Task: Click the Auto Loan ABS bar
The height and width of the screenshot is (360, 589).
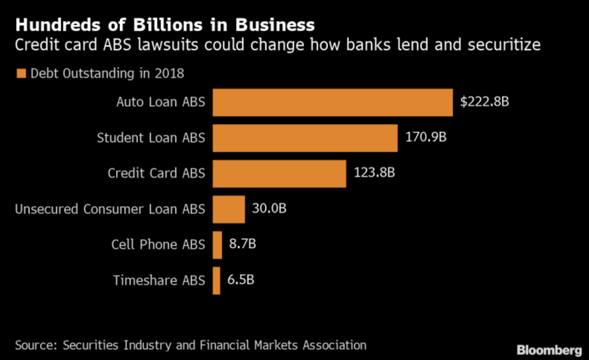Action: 332,103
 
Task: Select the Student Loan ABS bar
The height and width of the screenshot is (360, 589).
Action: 305,138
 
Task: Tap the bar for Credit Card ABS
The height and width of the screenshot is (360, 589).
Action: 279,174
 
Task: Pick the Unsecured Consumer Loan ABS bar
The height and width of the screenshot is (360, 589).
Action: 229,209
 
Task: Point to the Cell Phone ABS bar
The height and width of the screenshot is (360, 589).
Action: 217,245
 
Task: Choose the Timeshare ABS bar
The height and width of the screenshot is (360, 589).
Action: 216,280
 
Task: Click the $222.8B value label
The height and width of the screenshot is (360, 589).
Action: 484,101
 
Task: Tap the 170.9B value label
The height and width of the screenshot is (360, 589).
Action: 426,137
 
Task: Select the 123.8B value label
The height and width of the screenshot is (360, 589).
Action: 374,172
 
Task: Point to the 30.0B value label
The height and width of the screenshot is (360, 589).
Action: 269,208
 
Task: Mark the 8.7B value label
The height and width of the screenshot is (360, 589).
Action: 242,243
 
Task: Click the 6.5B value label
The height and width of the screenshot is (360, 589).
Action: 241,279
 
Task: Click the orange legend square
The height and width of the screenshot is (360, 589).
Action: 21,73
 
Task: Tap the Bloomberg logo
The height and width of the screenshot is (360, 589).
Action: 549,350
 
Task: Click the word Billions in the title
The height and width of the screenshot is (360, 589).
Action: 168,25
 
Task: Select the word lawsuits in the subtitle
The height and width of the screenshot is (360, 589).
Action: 167,44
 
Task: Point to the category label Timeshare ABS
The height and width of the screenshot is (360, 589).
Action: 159,280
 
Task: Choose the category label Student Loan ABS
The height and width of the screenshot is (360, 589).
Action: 151,138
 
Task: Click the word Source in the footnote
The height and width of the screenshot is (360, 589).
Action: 35,345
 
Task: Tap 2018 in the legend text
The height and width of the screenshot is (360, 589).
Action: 169,73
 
